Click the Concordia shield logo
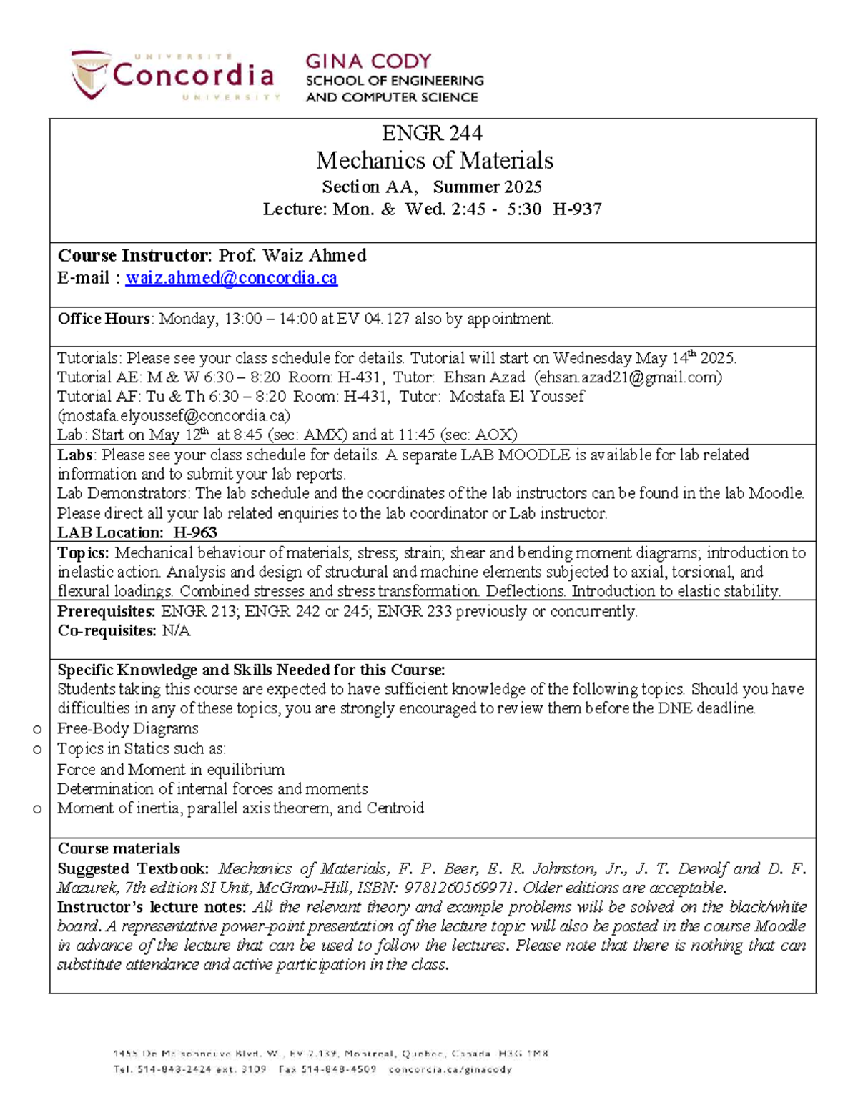pyautogui.click(x=89, y=74)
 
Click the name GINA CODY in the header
pyautogui.click(x=368, y=61)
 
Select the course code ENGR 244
pyautogui.click(x=432, y=133)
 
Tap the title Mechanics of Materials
pyautogui.click(x=435, y=160)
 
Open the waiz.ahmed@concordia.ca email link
pyautogui.click(x=231, y=278)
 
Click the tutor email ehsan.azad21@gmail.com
pyautogui.click(x=628, y=377)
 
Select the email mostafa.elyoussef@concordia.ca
pyautogui.click(x=174, y=416)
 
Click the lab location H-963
pyautogui.click(x=195, y=532)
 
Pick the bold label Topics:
pyautogui.click(x=83, y=553)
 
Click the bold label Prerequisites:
pyautogui.click(x=107, y=612)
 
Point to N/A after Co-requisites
pyautogui.click(x=176, y=631)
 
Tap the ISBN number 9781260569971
pyautogui.click(x=458, y=888)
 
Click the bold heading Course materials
pyautogui.click(x=119, y=849)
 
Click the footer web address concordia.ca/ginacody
pyautogui.click(x=450, y=1070)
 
